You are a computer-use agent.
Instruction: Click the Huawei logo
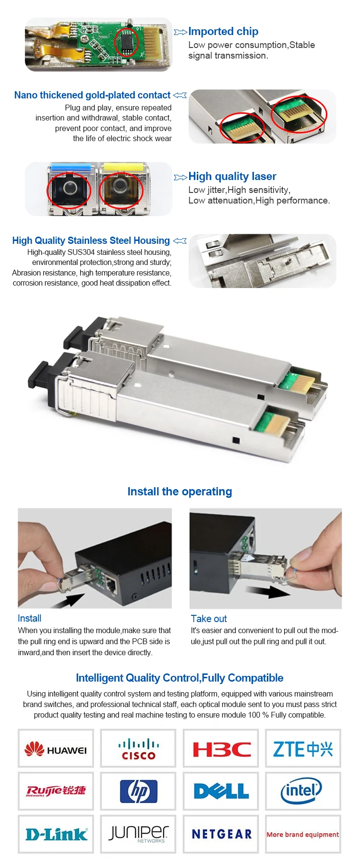(56, 749)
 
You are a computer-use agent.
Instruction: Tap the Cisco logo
(138, 749)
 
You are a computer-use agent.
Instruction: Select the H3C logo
(221, 749)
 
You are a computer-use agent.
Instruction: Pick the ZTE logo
(303, 749)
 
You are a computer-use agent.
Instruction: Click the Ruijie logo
(56, 791)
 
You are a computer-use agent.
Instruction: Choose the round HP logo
(138, 791)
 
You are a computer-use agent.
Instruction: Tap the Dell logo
(221, 791)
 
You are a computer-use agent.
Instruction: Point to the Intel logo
(301, 791)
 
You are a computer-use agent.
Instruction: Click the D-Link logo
(56, 834)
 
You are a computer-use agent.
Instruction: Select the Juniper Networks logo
(138, 834)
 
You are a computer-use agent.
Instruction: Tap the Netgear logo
(221, 834)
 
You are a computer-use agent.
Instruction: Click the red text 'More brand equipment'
(303, 835)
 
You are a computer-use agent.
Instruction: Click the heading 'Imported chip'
(223, 32)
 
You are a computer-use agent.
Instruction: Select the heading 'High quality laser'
(232, 177)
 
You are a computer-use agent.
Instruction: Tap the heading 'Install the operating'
(180, 492)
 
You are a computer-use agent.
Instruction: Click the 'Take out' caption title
(209, 619)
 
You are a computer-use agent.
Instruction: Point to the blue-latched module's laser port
(69, 188)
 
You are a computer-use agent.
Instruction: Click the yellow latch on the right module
(122, 168)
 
